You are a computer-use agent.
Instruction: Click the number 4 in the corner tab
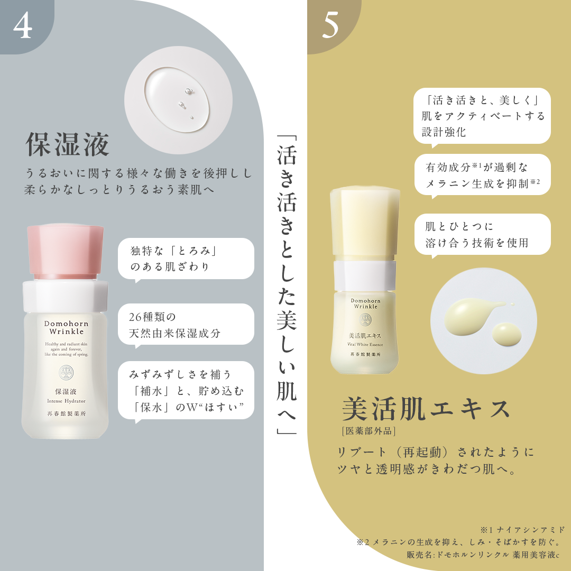click(23, 26)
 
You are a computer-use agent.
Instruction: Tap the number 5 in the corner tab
click(330, 26)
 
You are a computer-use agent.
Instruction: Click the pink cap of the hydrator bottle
click(65, 251)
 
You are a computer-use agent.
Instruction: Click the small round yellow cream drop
click(506, 334)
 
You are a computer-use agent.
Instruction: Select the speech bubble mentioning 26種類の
click(186, 325)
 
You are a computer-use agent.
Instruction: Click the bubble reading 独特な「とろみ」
click(186, 259)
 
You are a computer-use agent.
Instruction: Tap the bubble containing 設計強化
click(482, 116)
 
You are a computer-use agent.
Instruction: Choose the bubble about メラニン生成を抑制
click(482, 175)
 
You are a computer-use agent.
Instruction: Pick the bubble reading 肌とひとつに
click(482, 234)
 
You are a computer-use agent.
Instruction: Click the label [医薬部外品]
click(369, 431)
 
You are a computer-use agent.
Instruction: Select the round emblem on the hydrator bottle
click(66, 374)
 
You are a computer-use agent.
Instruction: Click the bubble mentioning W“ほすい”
click(186, 391)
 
